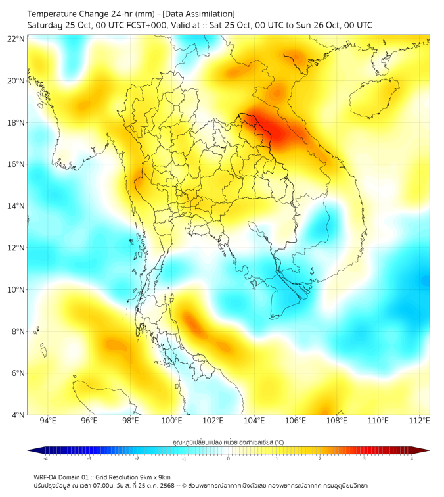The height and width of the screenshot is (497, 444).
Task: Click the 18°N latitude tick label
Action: [x=16, y=123]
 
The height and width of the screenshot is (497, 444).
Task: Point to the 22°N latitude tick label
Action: [x=16, y=39]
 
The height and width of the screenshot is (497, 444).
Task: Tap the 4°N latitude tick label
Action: [x=18, y=415]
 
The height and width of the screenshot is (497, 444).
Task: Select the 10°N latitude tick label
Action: [x=16, y=290]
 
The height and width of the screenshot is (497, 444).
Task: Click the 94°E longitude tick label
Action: [x=48, y=421]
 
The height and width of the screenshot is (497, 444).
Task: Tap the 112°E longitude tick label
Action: [x=420, y=421]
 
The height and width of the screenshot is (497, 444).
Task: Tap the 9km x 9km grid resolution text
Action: [x=155, y=477]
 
